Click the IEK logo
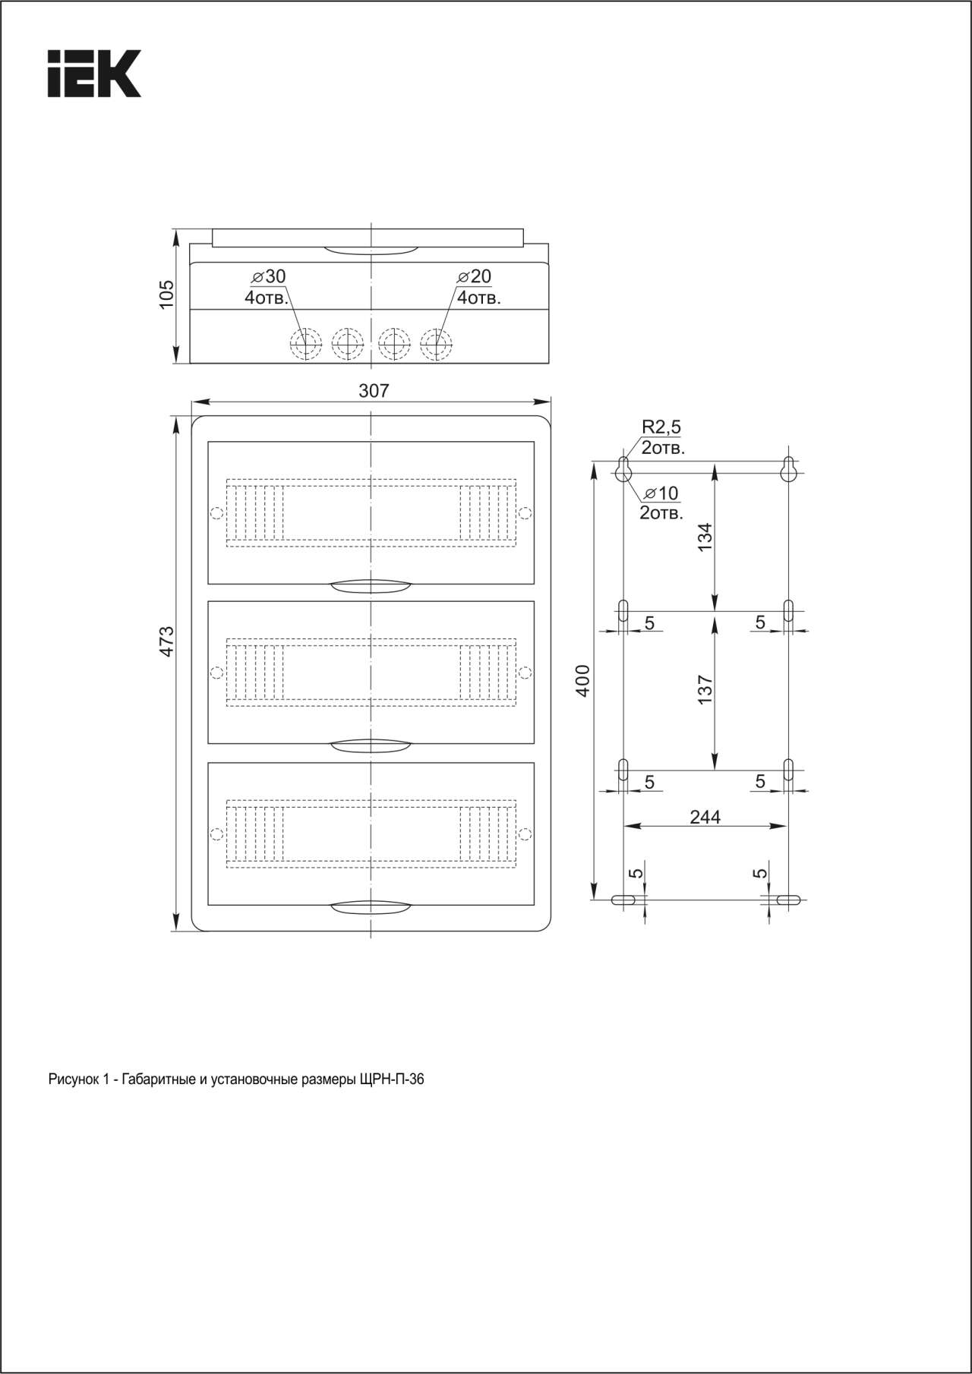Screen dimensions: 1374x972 tap(94, 74)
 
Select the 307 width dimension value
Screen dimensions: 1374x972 tap(374, 390)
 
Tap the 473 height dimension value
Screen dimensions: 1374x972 tap(167, 641)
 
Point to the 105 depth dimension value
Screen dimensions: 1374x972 tap(166, 295)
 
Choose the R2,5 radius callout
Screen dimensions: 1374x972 tap(661, 427)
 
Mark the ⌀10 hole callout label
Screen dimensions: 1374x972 tap(661, 493)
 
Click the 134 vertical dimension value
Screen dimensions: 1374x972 tap(705, 537)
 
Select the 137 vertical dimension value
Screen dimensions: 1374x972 tap(705, 690)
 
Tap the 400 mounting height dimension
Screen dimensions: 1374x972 tap(582, 681)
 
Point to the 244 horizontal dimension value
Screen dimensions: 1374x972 tap(705, 817)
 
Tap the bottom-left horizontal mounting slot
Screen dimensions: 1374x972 tap(623, 900)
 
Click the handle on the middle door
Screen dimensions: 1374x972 tap(371, 745)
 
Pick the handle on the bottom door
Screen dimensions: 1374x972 tap(371, 906)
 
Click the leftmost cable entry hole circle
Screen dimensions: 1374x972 tap(306, 344)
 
